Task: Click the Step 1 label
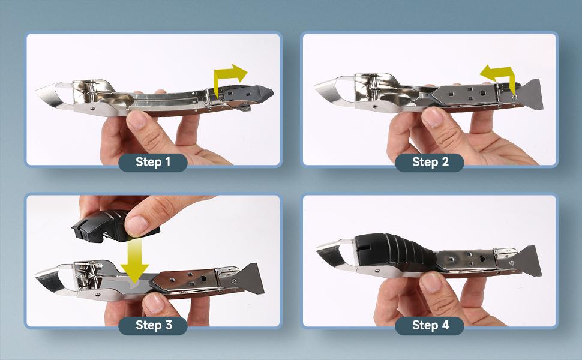152,162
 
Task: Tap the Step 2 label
430,162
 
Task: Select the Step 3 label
152,325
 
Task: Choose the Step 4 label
430,325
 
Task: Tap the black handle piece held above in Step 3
107,226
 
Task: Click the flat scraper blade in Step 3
251,278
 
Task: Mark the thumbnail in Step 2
431,117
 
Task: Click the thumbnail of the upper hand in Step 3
136,225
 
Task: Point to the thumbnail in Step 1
137,120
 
